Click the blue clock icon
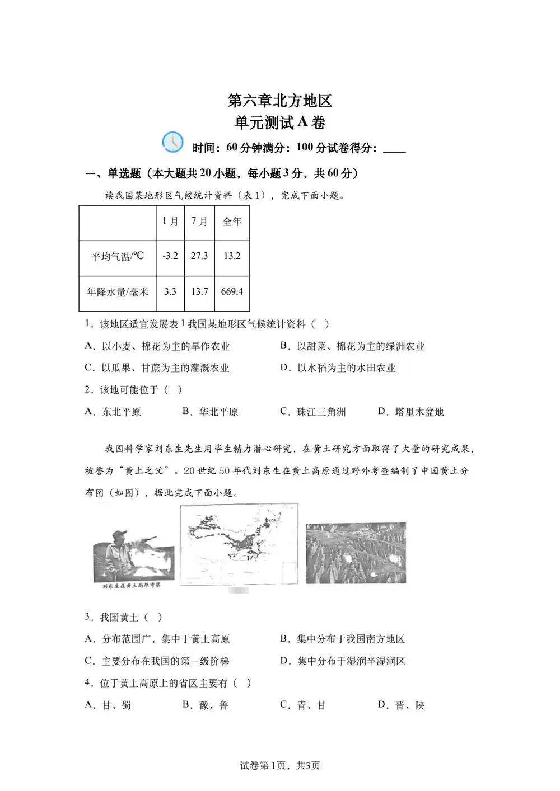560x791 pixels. pyautogui.click(x=172, y=142)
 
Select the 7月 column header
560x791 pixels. pyautogui.click(x=199, y=222)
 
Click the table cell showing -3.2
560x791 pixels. pyautogui.click(x=170, y=256)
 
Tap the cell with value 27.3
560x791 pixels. pyautogui.click(x=199, y=256)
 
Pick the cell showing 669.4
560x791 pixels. pyautogui.click(x=232, y=291)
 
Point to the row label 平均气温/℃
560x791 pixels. pyautogui.click(x=118, y=256)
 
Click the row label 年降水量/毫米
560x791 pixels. pyautogui.click(x=118, y=291)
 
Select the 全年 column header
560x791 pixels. pyautogui.click(x=232, y=222)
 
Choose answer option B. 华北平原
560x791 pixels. pyautogui.click(x=211, y=412)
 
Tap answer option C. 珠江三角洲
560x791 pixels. pyautogui.click(x=313, y=412)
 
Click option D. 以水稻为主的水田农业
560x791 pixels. pyautogui.click(x=338, y=368)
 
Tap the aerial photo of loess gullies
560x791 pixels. pyautogui.click(x=356, y=552)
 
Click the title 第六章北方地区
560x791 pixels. pyautogui.click(x=280, y=101)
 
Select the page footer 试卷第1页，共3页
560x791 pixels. pyautogui.click(x=280, y=765)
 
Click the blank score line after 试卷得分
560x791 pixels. pyautogui.click(x=394, y=149)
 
